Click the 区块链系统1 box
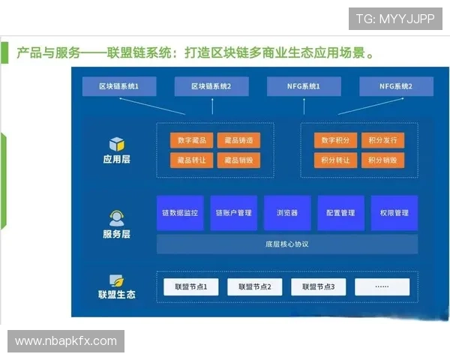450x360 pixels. pyautogui.click(x=119, y=87)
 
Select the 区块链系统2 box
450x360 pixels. pyautogui.click(x=211, y=87)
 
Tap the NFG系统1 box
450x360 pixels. pyautogui.click(x=304, y=87)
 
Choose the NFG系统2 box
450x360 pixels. pyautogui.click(x=396, y=87)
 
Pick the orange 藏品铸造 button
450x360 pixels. pyautogui.click(x=238, y=140)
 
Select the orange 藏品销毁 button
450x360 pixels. pyautogui.click(x=238, y=160)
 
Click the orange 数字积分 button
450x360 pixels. pyautogui.click(x=336, y=140)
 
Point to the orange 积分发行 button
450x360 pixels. pyautogui.click(x=382, y=140)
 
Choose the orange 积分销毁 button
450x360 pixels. pyautogui.click(x=382, y=160)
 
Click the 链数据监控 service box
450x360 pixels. pyautogui.click(x=180, y=213)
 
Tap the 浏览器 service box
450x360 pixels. pyautogui.click(x=286, y=213)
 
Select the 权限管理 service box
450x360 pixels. pyautogui.click(x=394, y=213)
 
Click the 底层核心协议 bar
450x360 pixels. pyautogui.click(x=286, y=244)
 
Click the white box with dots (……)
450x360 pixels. pyautogui.click(x=382, y=286)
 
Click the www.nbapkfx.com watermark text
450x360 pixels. pyautogui.click(x=66, y=341)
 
